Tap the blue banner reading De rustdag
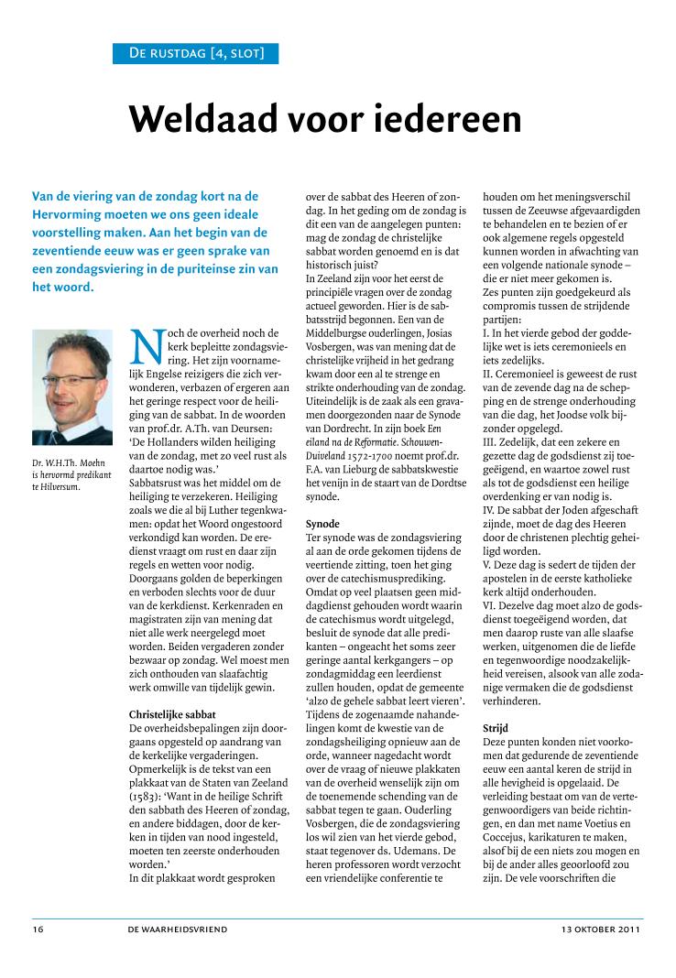[195, 53]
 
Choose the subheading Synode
[322, 523]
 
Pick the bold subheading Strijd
[495, 701]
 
